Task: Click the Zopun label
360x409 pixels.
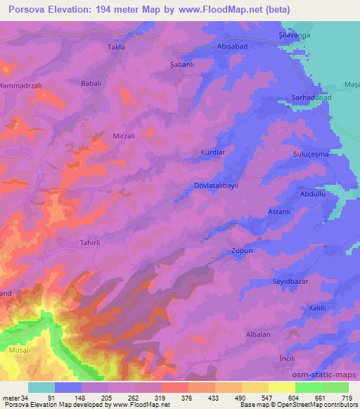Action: (x=241, y=250)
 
